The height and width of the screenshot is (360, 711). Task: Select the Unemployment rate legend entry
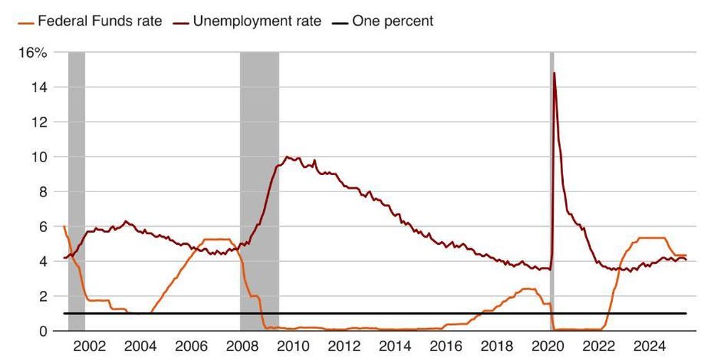257,21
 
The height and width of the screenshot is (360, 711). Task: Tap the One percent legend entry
392,21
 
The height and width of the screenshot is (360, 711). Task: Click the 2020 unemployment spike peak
554,73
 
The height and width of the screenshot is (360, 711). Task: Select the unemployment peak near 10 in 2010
287,157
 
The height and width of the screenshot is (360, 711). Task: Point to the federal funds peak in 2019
528,289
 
